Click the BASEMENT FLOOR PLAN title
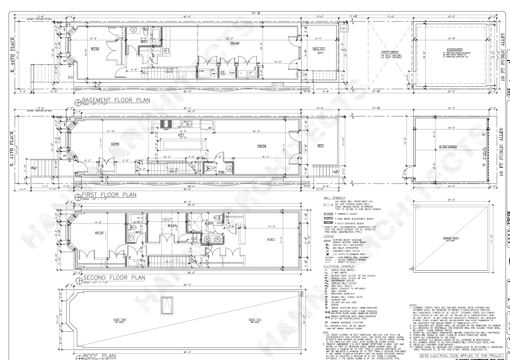pos(115,100)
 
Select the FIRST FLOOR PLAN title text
pos(109,194)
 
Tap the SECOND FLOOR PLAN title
pos(113,277)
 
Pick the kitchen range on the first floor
pos(165,124)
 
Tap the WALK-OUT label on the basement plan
pos(318,49)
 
